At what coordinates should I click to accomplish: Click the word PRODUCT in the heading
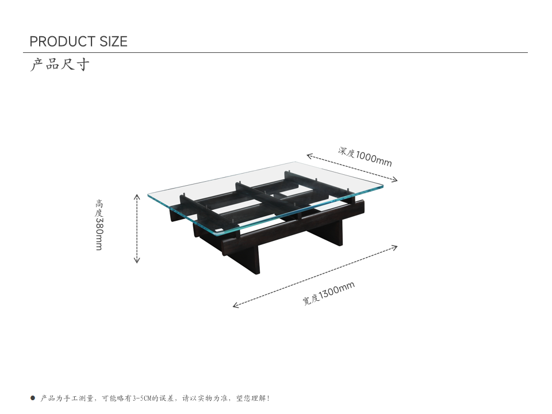[63, 41]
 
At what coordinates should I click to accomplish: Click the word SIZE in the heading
[113, 41]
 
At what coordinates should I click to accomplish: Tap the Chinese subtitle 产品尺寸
[60, 64]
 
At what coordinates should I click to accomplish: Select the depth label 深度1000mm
[365, 156]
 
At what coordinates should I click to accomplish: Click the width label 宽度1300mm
[328, 293]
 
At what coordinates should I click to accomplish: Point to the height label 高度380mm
[99, 225]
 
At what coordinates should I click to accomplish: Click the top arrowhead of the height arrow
[137, 196]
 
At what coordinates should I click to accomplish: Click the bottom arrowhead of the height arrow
[137, 260]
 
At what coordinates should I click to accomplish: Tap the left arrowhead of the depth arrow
[309, 156]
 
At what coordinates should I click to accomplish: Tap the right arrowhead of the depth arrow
[394, 180]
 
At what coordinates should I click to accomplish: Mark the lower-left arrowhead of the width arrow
[236, 305]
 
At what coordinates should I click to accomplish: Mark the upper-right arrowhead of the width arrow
[394, 247]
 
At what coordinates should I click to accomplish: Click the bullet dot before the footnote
[33, 398]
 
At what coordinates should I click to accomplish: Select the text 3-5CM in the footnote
[142, 398]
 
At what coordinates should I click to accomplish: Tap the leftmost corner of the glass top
[148, 195]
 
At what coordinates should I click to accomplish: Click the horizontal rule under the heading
[275, 52]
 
